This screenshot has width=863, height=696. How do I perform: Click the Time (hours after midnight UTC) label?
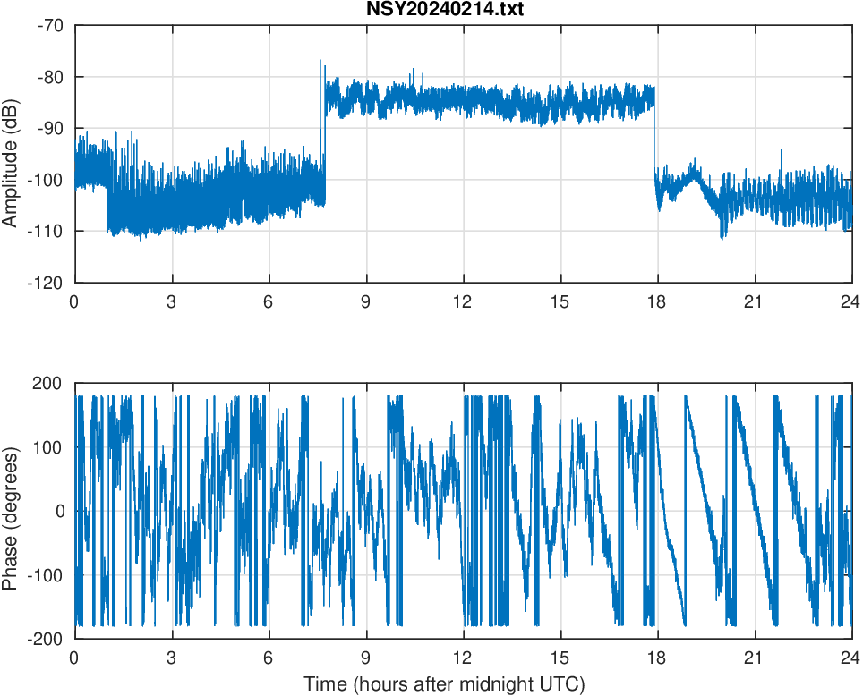coord(444,684)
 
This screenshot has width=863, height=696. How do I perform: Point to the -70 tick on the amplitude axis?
coord(50,25)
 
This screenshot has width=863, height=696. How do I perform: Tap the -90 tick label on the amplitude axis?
coord(50,128)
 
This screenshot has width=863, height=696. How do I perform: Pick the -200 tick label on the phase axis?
coord(48,639)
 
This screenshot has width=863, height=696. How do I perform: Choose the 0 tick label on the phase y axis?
coord(60,511)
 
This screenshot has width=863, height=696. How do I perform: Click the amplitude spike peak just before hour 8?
coord(320,62)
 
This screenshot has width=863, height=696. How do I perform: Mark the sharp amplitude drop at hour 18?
coord(655,134)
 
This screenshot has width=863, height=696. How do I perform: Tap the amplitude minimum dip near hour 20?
coord(722,237)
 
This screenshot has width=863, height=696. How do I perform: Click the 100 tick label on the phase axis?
coord(52,447)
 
